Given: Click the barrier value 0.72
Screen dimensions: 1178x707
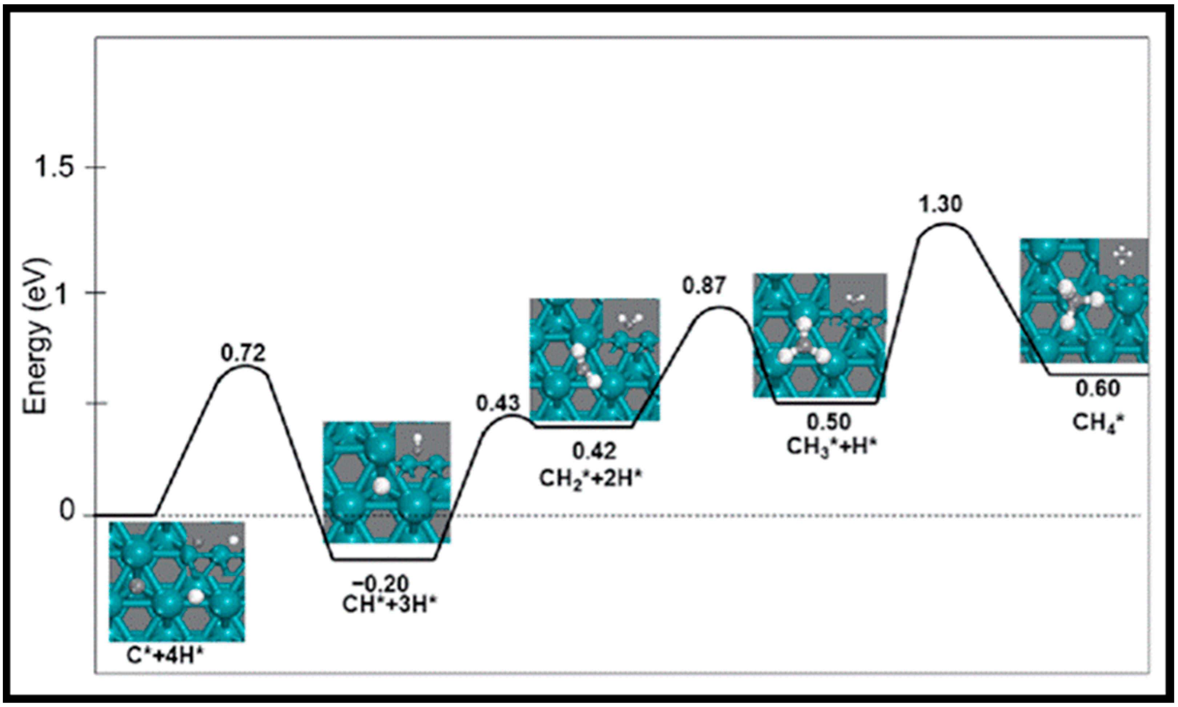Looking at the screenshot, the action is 243,353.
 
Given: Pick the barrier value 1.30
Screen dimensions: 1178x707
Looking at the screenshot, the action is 940,204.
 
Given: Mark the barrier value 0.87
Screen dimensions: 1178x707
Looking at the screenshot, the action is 704,286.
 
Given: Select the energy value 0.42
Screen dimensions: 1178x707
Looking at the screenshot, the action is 594,451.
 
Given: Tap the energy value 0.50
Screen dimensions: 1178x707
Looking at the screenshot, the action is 828,422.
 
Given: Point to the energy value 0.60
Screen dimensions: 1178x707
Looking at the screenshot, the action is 1098,389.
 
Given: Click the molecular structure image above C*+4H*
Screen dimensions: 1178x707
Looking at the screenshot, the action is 177,581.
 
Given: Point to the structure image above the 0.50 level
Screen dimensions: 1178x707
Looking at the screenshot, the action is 819,335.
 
